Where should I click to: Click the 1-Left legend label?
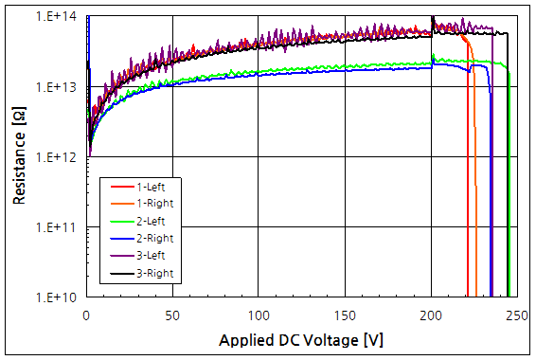click(152, 187)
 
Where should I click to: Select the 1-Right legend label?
click(154, 204)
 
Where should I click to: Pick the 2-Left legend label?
click(152, 221)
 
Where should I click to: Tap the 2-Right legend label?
click(154, 239)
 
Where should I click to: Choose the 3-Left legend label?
click(152, 256)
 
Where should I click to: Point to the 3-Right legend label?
click(154, 273)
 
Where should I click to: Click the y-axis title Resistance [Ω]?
click(18, 156)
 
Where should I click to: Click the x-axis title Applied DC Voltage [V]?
click(301, 339)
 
